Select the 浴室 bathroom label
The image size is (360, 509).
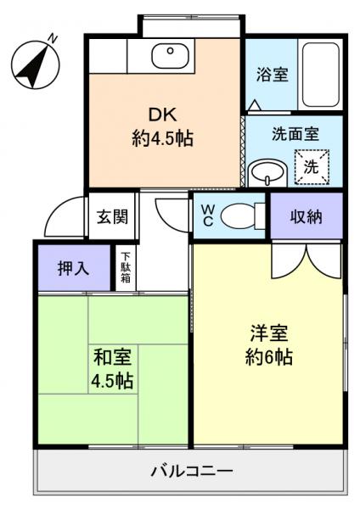272,74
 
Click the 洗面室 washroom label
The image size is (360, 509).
295,134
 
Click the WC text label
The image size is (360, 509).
206,216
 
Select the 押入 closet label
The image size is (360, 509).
73,268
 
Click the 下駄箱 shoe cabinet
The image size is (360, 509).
126,267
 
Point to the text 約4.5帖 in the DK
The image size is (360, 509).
162,137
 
